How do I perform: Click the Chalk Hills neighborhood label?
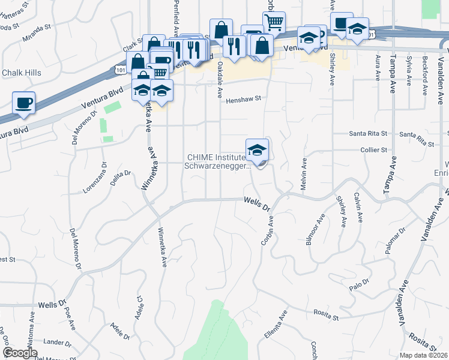pos(22,73)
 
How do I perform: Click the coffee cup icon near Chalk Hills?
pos(23,102)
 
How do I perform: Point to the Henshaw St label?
pos(244,100)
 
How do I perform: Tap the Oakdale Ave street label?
pos(220,79)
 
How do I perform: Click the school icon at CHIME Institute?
pos(257,151)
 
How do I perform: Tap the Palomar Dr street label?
pos(393,238)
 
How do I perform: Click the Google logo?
pos(20,353)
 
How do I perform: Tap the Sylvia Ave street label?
pos(409,69)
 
